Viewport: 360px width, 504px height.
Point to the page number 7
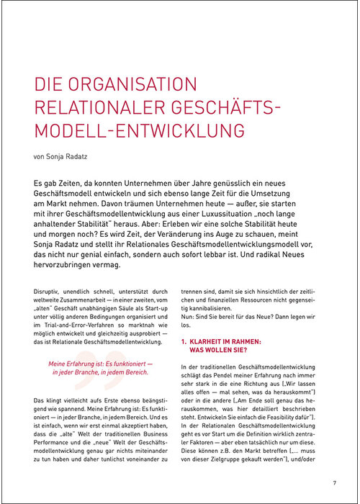pos(334,482)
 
